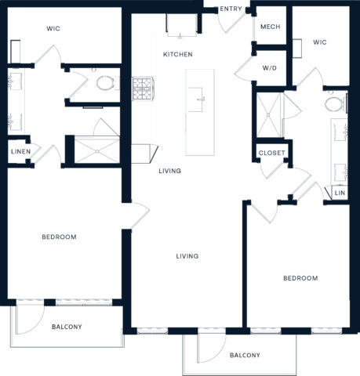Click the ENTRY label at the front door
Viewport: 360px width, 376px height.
(231, 9)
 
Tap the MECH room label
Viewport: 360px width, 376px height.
(270, 27)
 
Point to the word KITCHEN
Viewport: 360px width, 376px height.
(178, 54)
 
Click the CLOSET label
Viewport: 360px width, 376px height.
(271, 152)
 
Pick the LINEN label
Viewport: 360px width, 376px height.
(20, 151)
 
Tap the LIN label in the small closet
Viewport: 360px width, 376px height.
(340, 193)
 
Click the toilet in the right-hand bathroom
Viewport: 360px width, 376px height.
(333, 103)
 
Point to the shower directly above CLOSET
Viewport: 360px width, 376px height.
(270, 115)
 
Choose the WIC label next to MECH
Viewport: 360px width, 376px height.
(320, 42)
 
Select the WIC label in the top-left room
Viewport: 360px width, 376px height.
(53, 28)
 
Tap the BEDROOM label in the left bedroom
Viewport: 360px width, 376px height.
(59, 237)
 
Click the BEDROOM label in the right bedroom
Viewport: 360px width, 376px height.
(300, 278)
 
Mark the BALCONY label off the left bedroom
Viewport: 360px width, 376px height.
(67, 327)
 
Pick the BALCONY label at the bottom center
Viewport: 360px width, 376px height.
(245, 355)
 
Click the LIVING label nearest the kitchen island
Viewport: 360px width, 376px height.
(169, 171)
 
